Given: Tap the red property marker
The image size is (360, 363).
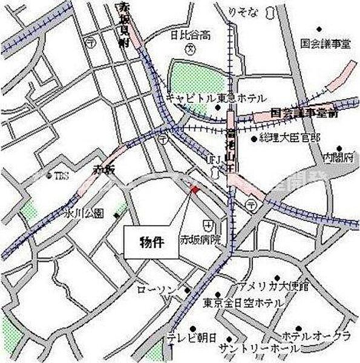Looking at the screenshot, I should [194, 191].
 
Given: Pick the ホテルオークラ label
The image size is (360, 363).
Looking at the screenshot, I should [315, 335].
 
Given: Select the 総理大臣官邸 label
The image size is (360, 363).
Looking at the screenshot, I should [289, 138].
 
